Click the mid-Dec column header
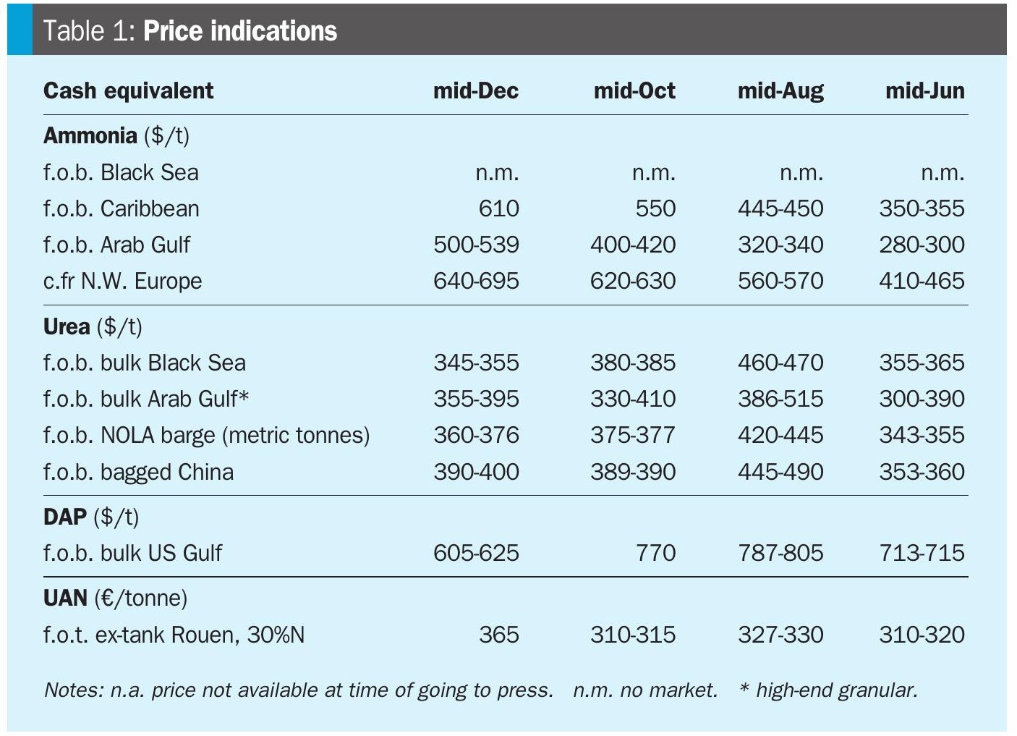[x=475, y=90]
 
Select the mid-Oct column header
[x=634, y=90]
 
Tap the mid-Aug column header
[x=780, y=90]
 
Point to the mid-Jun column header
[x=924, y=90]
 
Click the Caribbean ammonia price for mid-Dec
[x=498, y=208]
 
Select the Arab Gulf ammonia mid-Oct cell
[x=632, y=245]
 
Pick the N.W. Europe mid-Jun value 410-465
[x=922, y=281]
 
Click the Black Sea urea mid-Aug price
[x=780, y=363]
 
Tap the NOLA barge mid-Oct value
[x=632, y=435]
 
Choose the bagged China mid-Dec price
[x=476, y=472]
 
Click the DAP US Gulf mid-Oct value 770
[x=655, y=553]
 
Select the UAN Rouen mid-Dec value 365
[x=498, y=635]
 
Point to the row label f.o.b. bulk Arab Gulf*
[x=146, y=399]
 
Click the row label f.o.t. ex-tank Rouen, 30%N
[x=174, y=635]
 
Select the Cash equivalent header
[x=128, y=90]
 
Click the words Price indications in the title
[x=240, y=31]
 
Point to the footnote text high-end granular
[x=835, y=690]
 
